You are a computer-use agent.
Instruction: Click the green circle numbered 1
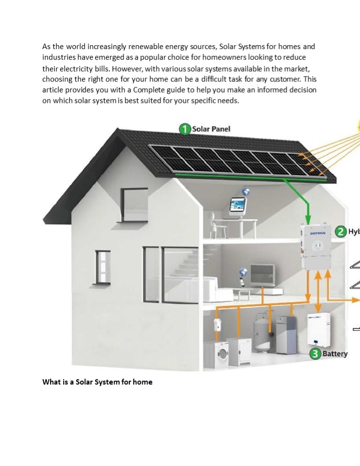click(x=185, y=129)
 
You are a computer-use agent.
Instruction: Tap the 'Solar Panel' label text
click(x=211, y=129)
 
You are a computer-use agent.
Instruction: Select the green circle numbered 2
click(x=341, y=232)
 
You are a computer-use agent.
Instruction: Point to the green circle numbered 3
click(x=315, y=354)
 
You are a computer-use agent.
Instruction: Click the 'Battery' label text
click(x=335, y=354)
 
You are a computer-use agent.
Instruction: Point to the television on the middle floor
click(x=262, y=276)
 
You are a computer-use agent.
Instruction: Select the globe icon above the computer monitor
click(x=246, y=191)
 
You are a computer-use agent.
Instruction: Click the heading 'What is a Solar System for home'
click(x=97, y=382)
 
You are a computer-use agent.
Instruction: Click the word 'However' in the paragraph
click(x=128, y=68)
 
